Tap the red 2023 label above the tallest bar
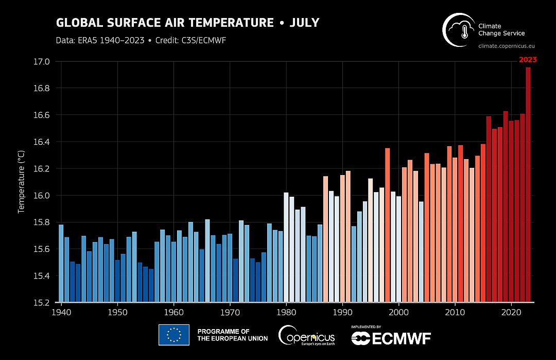(528, 60)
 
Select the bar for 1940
(61, 263)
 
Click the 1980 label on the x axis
(286, 313)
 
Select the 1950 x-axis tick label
(117, 313)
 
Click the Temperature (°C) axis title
(22, 181)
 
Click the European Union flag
(173, 335)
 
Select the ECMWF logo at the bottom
(391, 337)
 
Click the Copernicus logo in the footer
(306, 336)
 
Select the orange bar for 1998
(388, 225)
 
